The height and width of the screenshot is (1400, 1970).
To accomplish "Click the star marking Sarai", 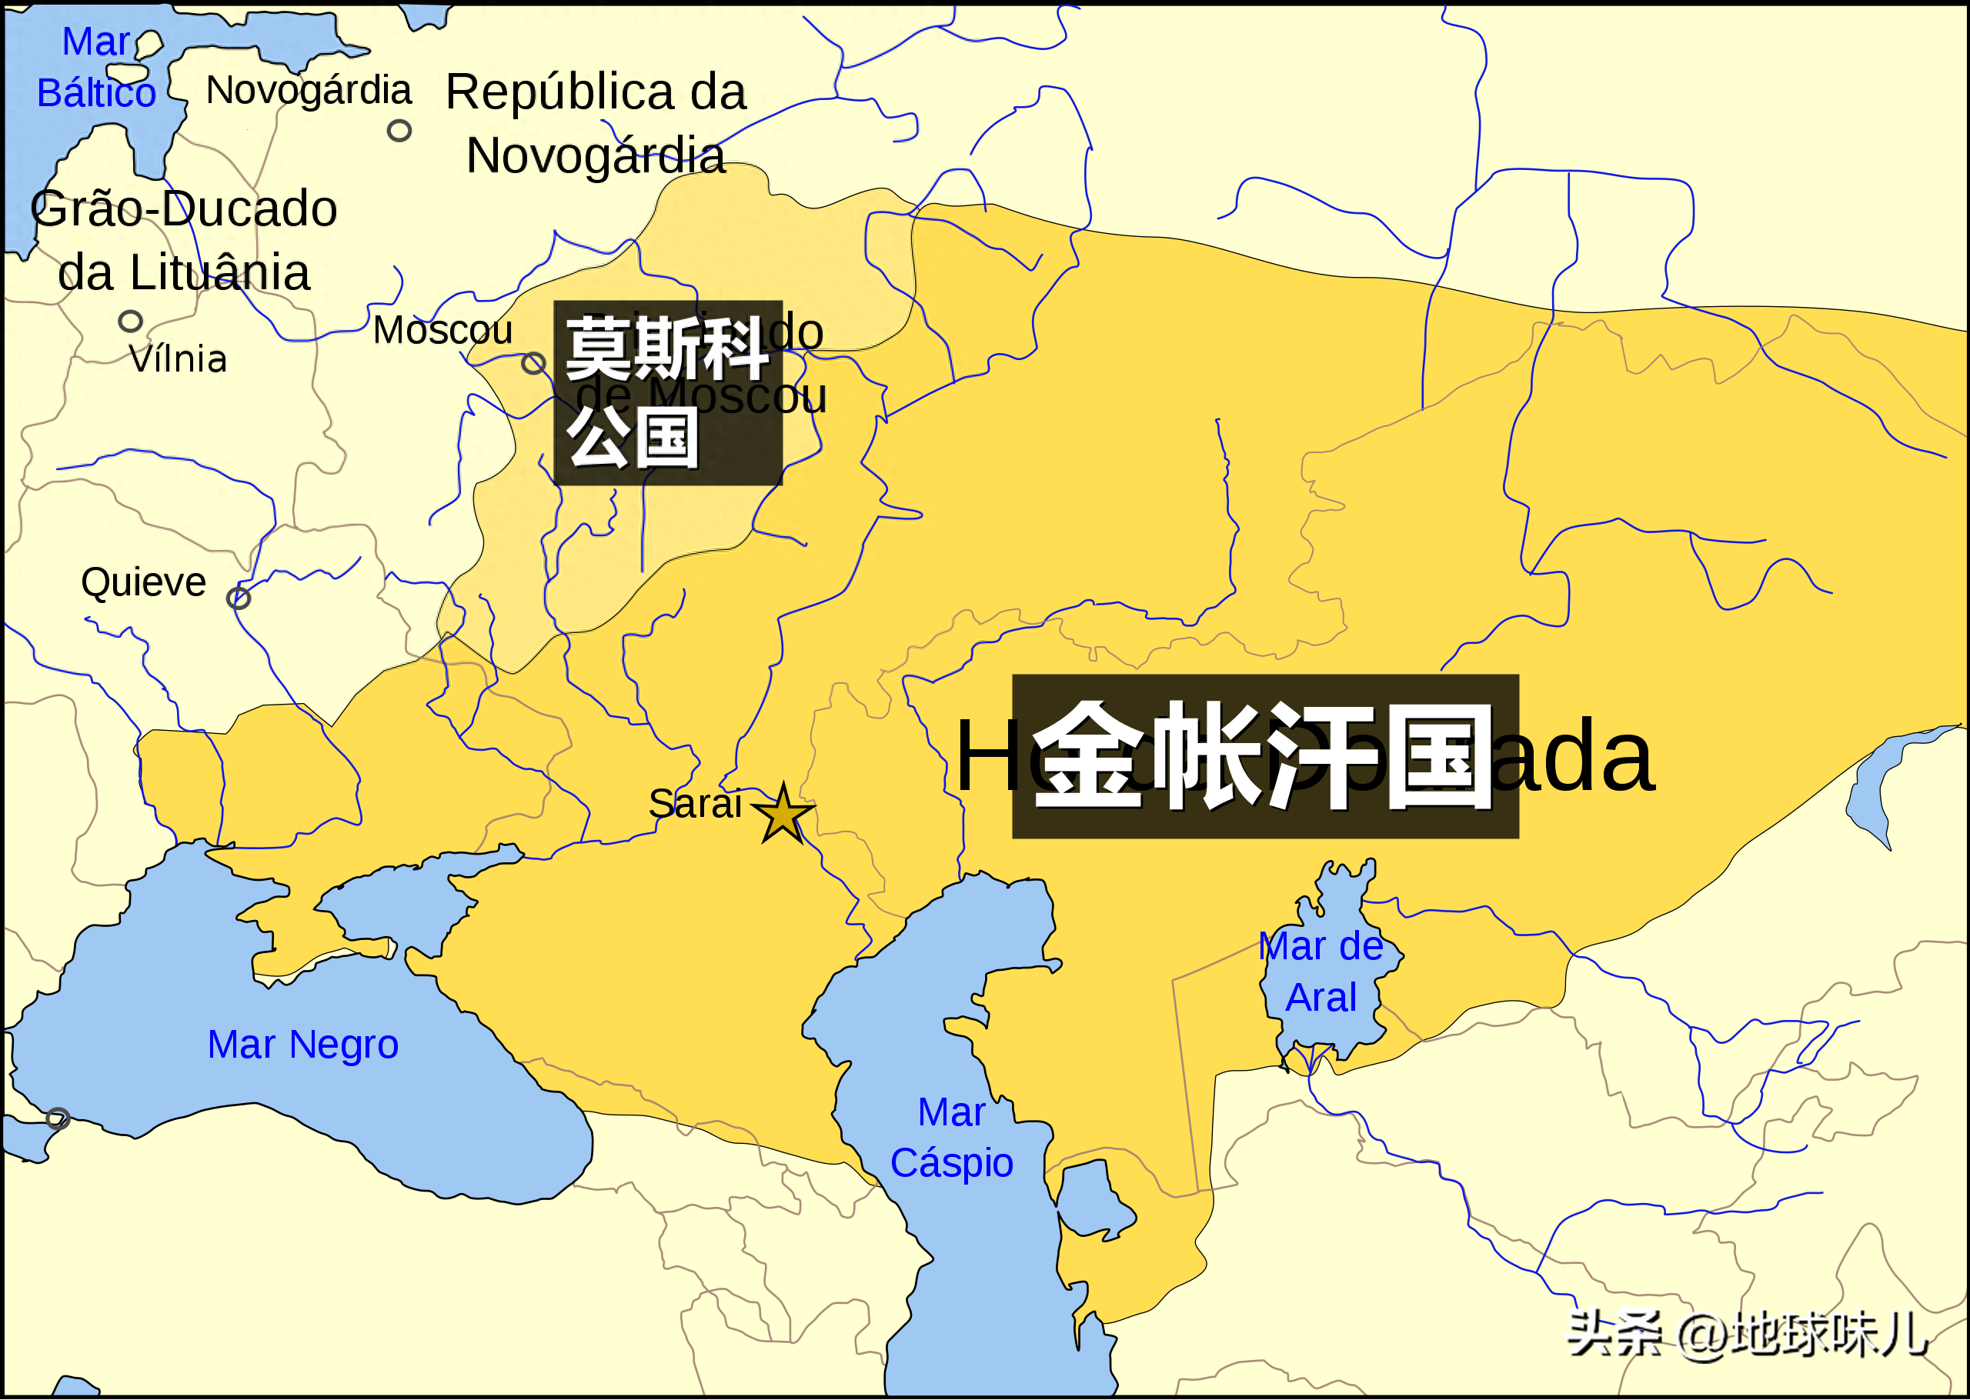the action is coord(783,813).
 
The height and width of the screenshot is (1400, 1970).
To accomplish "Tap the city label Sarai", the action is coord(694,803).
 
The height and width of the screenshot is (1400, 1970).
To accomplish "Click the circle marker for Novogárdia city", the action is coord(399,131).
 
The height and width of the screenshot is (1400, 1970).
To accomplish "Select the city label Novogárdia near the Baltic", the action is coord(309,91).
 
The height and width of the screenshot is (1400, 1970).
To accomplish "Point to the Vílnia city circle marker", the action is coord(130,322).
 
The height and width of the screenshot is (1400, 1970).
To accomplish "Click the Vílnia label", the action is coord(178,358).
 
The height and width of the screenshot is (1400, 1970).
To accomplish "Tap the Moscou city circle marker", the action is coord(533,363).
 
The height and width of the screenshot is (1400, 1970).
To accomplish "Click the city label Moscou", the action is coord(442,330).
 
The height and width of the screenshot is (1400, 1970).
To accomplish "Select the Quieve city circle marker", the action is coord(239,598).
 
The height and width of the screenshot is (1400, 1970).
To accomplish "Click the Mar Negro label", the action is coord(302,1045).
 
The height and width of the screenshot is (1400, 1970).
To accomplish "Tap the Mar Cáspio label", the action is coord(951,1138).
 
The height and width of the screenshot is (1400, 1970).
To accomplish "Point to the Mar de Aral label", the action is coord(1320,972).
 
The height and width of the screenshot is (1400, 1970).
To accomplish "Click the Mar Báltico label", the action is coord(95,67).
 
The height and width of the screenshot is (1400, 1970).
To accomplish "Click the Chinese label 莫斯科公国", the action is coord(667,392).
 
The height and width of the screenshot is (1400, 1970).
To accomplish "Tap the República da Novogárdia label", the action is coord(596,123).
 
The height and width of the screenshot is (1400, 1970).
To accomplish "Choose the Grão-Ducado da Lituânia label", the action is coord(183,241).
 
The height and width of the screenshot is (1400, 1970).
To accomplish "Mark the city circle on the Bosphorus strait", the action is coord(58,1119).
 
